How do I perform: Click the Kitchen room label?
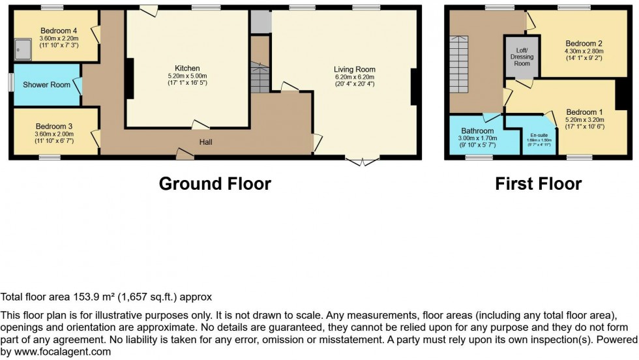point(187,68)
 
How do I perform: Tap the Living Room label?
point(355,70)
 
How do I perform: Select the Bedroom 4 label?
point(59,31)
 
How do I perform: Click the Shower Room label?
point(46,85)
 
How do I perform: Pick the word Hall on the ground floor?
point(206,142)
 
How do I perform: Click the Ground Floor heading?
point(215,184)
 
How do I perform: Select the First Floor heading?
point(538,184)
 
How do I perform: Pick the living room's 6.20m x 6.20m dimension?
point(355,77)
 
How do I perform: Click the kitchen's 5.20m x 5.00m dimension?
point(187,76)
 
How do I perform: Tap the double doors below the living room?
point(361,160)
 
